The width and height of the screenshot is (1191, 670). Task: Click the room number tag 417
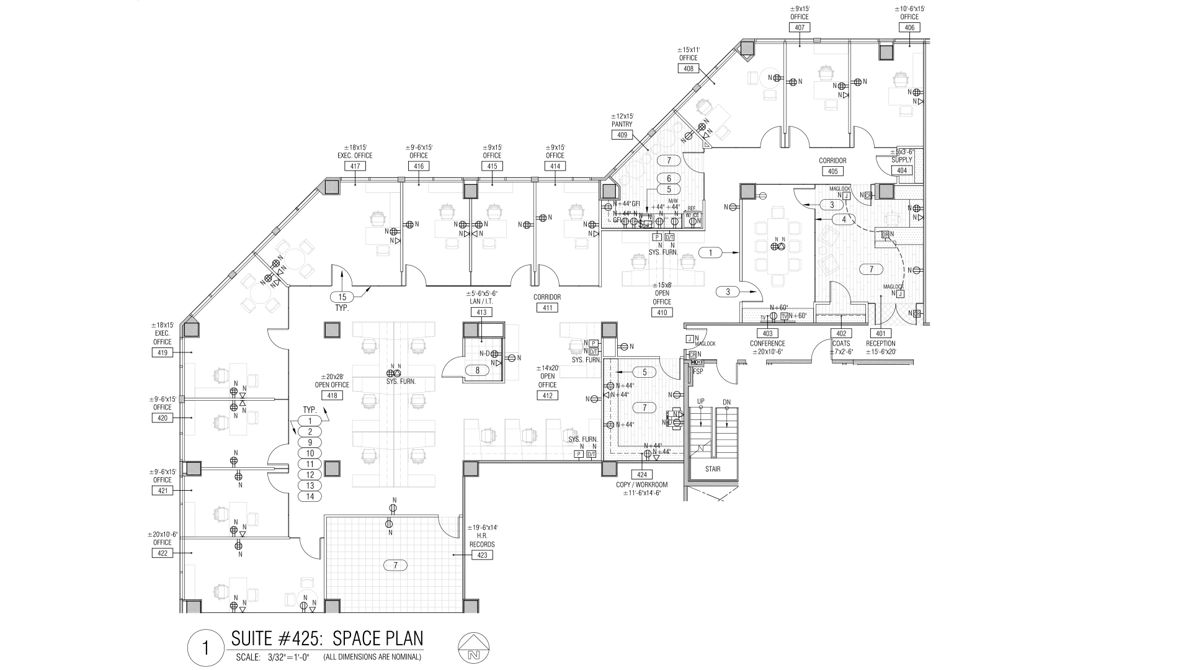click(355, 166)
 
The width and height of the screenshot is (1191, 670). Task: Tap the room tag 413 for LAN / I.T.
click(481, 312)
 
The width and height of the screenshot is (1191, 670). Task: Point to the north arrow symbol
click(474, 649)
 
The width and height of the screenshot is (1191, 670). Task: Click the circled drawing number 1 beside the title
click(205, 649)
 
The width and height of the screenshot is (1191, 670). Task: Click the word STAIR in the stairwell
click(712, 469)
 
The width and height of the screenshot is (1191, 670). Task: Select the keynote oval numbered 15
click(342, 297)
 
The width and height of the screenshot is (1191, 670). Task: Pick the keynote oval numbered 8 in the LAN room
click(477, 370)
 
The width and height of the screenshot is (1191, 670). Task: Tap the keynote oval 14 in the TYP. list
click(310, 496)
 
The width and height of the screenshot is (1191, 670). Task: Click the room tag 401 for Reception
click(881, 334)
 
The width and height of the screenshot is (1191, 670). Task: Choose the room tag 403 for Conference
click(767, 334)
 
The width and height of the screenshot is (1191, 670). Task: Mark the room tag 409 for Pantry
click(622, 135)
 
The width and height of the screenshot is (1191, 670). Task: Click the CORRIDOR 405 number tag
click(832, 171)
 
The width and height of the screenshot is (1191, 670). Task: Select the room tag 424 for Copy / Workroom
click(641, 475)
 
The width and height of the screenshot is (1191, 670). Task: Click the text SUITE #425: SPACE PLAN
click(327, 638)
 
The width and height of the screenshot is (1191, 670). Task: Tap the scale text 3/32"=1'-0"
click(288, 657)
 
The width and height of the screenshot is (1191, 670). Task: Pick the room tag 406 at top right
click(909, 27)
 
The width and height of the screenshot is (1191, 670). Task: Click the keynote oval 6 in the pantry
click(669, 179)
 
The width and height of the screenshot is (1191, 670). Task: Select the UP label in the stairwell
click(701, 401)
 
